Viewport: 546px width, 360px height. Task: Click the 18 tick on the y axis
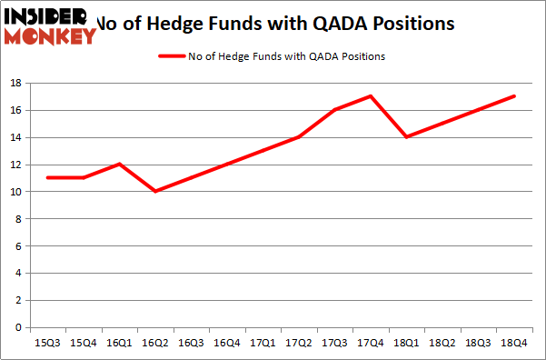coord(15,83)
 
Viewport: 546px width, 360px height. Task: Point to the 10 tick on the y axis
coord(15,192)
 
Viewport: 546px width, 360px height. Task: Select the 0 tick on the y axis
coord(19,327)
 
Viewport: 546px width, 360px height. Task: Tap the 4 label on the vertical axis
coord(19,273)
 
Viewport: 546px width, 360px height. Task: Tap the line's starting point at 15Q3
coord(46,177)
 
